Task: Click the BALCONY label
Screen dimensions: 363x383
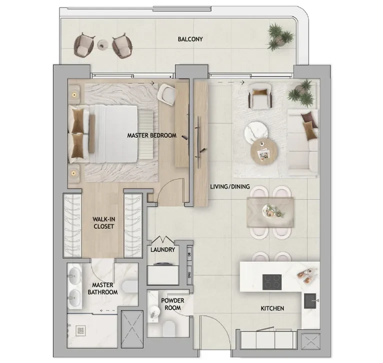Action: pyautogui.click(x=190, y=39)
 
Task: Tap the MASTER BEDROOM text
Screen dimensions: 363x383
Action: pyautogui.click(x=151, y=135)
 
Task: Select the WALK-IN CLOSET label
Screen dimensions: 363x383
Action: pyautogui.click(x=104, y=223)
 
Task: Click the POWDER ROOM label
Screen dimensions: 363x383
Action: pyautogui.click(x=172, y=304)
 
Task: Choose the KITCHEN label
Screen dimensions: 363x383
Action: pyautogui.click(x=272, y=309)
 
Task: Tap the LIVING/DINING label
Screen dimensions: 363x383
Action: pyautogui.click(x=230, y=187)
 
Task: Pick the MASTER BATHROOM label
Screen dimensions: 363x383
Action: pyautogui.click(x=102, y=289)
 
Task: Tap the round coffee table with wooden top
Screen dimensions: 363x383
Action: pyautogui.click(x=263, y=150)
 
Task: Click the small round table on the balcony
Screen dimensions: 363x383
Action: pyautogui.click(x=103, y=44)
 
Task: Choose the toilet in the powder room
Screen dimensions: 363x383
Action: pyautogui.click(x=170, y=329)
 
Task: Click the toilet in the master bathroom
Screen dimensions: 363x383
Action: pyautogui.click(x=128, y=287)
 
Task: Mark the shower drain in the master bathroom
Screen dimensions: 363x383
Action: pyautogui.click(x=81, y=331)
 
